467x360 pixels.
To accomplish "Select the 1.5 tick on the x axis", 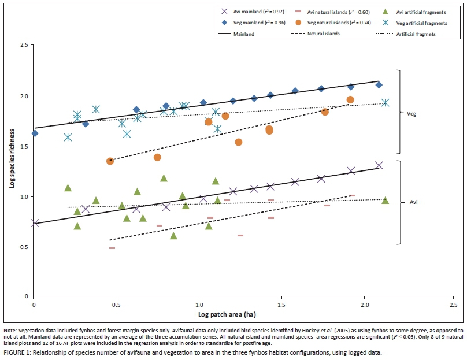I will coord(281,304).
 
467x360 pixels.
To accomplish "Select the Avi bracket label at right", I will coord(414,202).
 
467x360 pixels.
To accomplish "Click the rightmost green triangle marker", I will coord(385,201).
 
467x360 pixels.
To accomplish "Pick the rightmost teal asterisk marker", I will coord(385,103).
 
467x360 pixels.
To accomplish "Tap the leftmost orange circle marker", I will coord(110,161).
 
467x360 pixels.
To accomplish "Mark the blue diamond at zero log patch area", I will coord(35,133).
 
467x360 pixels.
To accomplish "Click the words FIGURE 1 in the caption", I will coord(17,351).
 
